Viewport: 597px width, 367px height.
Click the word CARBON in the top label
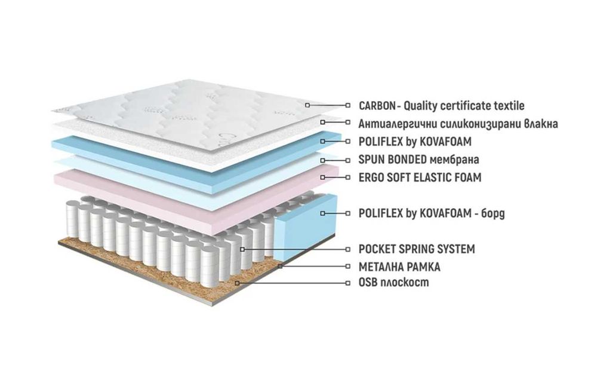click(377, 106)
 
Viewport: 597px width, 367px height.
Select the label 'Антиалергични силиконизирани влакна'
click(458, 124)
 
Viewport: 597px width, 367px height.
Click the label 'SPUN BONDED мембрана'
click(419, 160)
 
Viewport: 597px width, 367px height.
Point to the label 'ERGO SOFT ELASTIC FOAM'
click(420, 177)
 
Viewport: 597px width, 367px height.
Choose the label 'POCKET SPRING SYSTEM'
click(417, 249)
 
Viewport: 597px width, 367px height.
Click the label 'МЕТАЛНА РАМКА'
click(399, 267)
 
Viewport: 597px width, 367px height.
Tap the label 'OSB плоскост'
click(393, 282)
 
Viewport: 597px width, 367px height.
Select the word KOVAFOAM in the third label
click(445, 142)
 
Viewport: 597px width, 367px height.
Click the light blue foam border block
click(305, 225)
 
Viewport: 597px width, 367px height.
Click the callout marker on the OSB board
click(237, 283)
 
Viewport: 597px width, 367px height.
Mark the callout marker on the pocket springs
click(242, 249)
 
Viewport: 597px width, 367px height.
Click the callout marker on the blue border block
click(322, 213)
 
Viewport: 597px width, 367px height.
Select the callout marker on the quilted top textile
click(307, 105)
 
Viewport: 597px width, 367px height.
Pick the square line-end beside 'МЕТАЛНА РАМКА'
click(347, 267)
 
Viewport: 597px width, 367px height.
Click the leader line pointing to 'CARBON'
click(327, 105)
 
